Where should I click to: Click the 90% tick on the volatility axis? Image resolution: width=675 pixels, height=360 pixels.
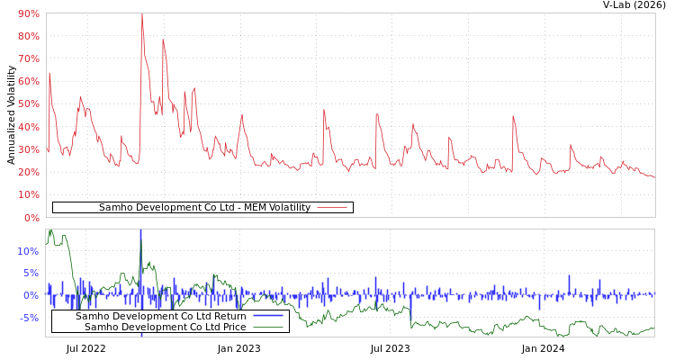(x=28, y=13)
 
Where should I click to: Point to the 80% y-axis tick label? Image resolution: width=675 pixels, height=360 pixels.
(x=28, y=36)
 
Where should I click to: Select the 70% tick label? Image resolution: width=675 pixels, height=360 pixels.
(x=28, y=58)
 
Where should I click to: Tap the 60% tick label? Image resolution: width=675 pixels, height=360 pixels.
(x=28, y=81)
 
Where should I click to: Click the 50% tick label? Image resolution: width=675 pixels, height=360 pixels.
(x=28, y=103)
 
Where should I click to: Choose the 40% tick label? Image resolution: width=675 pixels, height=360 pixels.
(x=28, y=127)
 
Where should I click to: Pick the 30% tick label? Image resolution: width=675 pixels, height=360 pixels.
(x=28, y=149)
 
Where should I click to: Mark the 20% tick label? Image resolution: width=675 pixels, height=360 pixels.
(x=28, y=172)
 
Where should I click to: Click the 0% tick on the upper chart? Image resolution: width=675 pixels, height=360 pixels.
(x=31, y=218)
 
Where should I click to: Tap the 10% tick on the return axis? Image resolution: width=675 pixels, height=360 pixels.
(x=28, y=251)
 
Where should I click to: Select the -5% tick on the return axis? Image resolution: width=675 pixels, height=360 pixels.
(x=28, y=318)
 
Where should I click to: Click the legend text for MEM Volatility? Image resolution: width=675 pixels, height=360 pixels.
(x=204, y=208)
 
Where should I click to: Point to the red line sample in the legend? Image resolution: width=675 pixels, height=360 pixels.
(x=332, y=208)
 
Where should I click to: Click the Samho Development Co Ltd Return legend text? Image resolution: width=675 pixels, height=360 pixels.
(x=160, y=316)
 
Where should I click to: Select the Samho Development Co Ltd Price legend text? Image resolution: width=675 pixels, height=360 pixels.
(x=165, y=327)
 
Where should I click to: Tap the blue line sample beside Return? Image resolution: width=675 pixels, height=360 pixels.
(x=268, y=316)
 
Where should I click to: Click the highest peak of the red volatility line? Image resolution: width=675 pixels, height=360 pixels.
(x=141, y=14)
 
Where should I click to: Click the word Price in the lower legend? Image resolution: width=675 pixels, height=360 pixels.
(x=233, y=327)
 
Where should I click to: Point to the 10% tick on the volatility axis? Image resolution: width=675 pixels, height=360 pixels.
(x=28, y=194)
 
